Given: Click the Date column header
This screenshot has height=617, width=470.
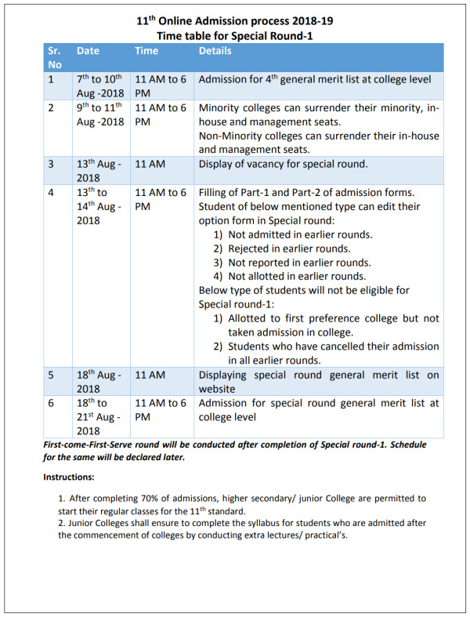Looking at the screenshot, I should tap(88, 51).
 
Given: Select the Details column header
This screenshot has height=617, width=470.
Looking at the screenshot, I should tap(215, 51).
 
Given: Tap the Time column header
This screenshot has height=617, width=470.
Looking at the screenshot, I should tap(146, 51).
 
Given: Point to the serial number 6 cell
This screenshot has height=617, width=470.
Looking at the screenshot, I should tap(52, 403).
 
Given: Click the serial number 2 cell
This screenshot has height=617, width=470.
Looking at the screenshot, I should tap(52, 107).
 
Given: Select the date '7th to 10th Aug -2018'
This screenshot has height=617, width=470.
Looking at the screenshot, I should tap(99, 85).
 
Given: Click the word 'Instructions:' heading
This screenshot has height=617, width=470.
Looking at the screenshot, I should tap(69, 477).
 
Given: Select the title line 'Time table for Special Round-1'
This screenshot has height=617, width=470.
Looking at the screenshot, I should tap(234, 35).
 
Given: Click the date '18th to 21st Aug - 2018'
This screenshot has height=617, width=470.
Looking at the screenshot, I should tap(99, 416).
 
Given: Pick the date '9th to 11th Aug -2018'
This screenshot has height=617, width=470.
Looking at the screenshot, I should tap(99, 114).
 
